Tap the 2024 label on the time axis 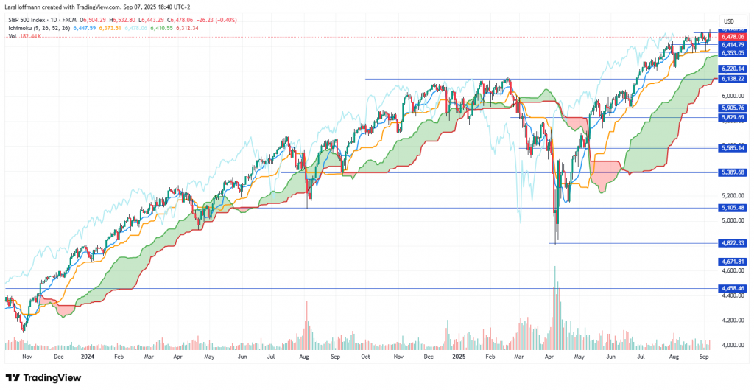point(88,355)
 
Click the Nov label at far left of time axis point(27,355)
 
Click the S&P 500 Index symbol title point(35,19)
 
